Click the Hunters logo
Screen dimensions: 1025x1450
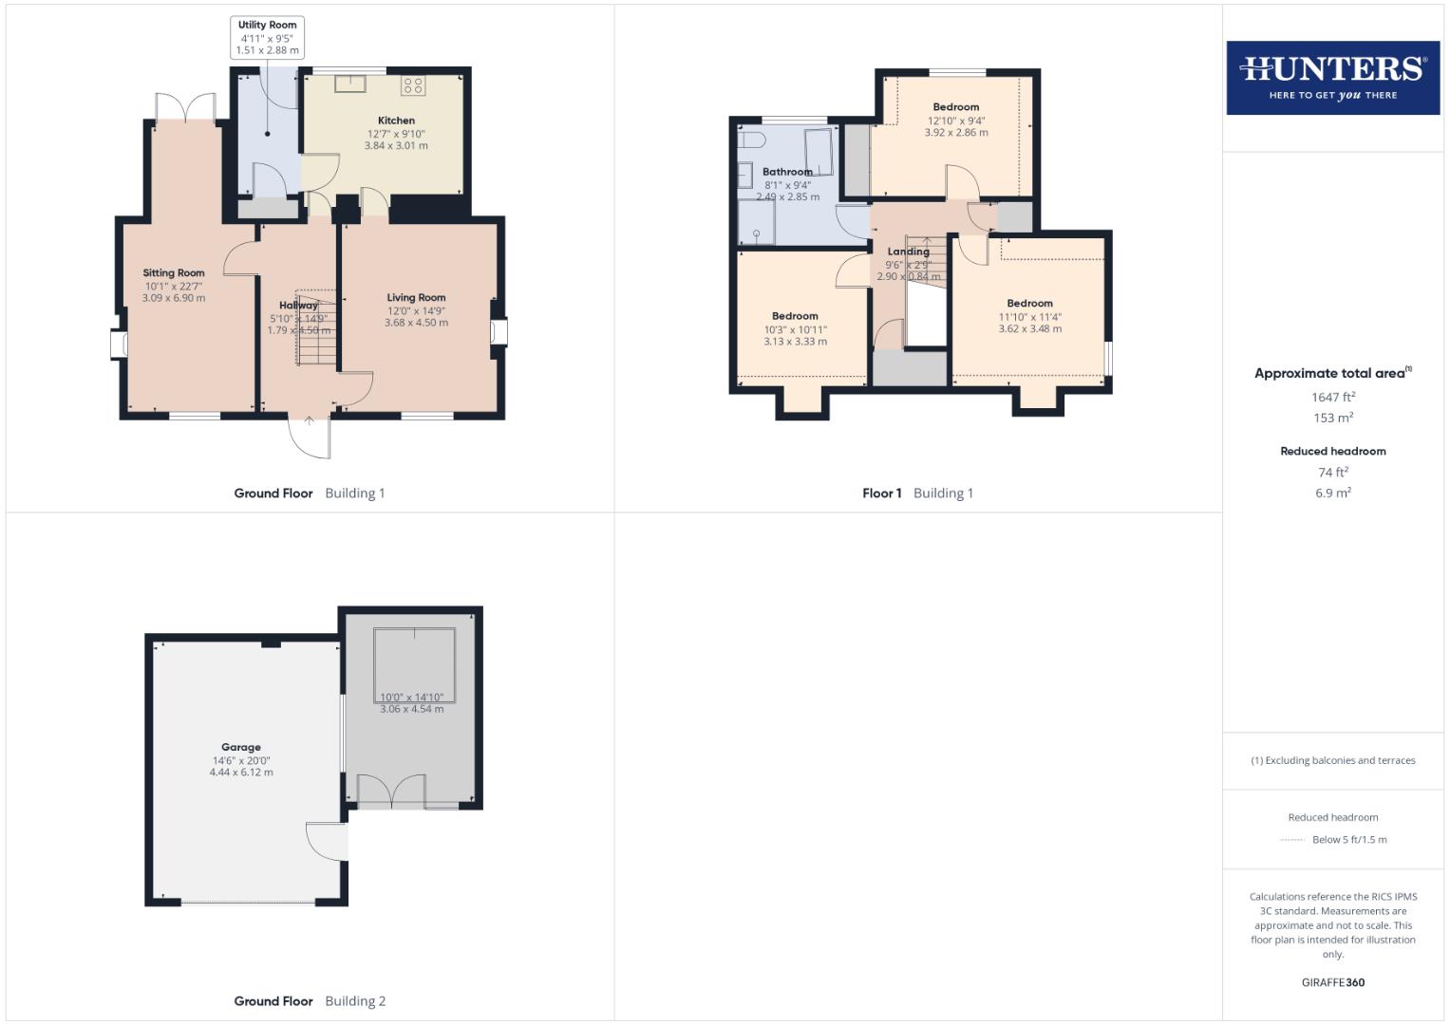click(x=1332, y=78)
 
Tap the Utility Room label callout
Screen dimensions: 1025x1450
click(x=267, y=38)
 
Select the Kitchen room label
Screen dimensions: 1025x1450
click(x=396, y=121)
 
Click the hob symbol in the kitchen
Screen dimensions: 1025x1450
click(x=413, y=85)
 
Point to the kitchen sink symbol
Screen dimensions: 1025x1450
click(x=349, y=83)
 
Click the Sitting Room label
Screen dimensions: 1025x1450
click(x=174, y=273)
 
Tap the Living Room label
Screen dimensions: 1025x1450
click(x=416, y=297)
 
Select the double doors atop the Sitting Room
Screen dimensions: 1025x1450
click(x=186, y=107)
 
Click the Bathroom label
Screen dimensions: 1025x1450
click(x=787, y=172)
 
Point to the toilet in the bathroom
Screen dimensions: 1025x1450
click(x=753, y=140)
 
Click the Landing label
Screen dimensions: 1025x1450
click(x=908, y=252)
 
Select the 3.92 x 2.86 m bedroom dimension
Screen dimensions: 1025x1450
click(x=955, y=133)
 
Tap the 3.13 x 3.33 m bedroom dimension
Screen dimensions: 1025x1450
click(x=795, y=342)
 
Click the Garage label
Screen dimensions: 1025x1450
click(x=241, y=747)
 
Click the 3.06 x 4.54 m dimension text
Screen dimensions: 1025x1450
click(x=411, y=709)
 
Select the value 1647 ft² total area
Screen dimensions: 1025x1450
click(x=1332, y=398)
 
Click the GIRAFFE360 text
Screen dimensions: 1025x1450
click(x=1332, y=982)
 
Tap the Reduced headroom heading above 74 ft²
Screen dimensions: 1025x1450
click(x=1332, y=451)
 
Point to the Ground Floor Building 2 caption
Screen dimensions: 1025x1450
click(x=310, y=1000)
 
